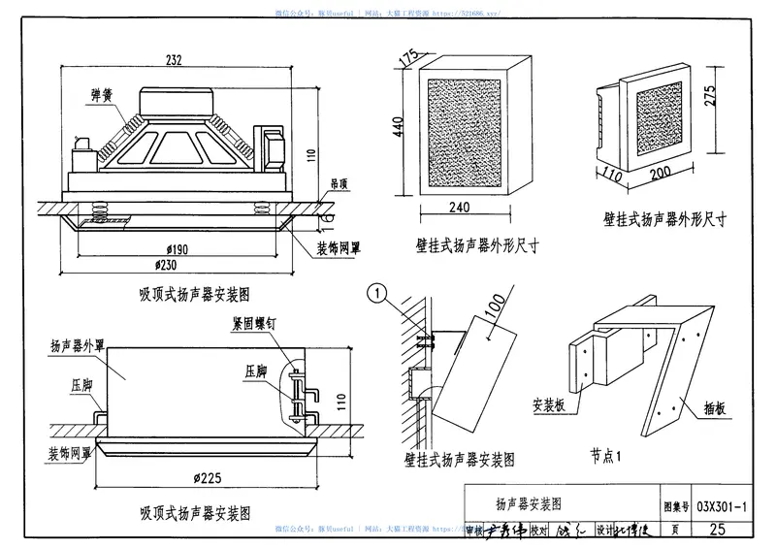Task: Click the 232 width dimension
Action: coord(175,60)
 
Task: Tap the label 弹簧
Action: coord(100,94)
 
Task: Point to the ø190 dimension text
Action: coord(175,249)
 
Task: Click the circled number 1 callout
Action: coord(380,290)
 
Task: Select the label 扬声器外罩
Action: coord(78,343)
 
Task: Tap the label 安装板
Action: coord(550,404)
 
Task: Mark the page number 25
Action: coord(718,529)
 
